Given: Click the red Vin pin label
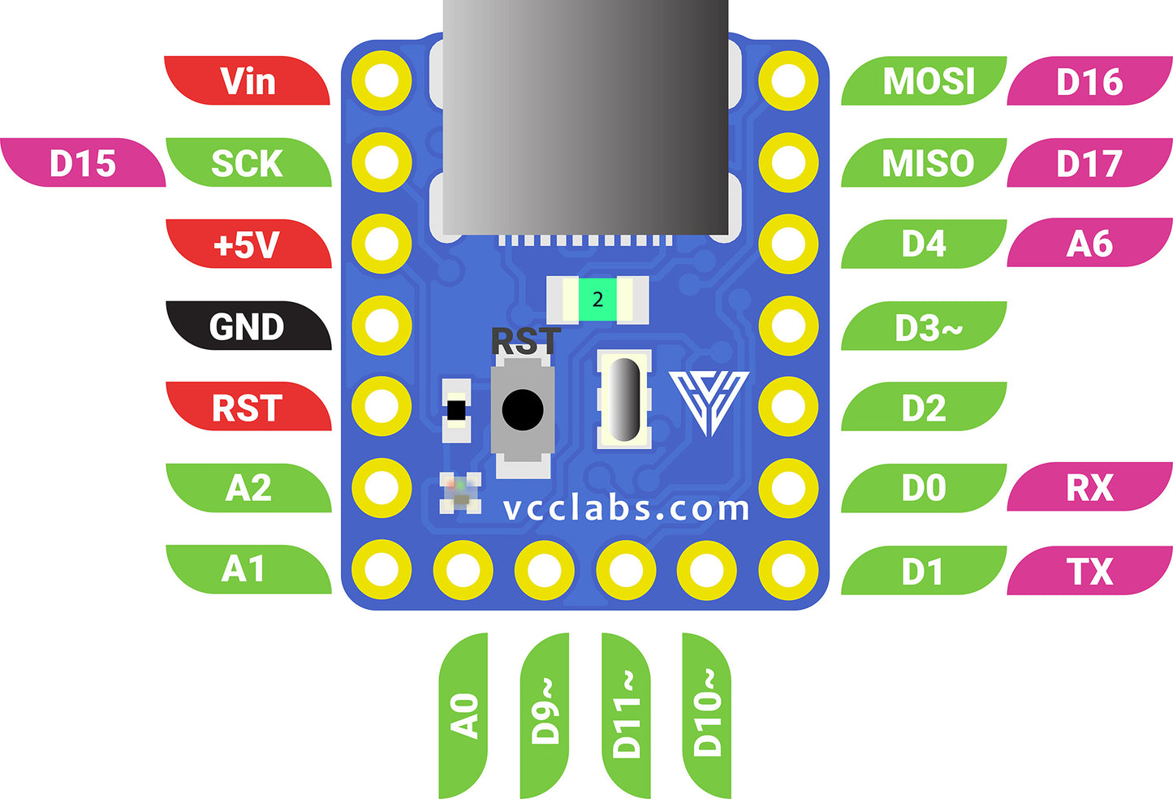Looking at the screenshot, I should point(248,81).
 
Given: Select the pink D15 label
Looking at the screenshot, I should point(83,163).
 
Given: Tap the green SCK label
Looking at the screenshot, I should point(248,163).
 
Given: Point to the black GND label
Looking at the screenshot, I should point(248,326).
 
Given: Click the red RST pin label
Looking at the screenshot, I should point(248,408).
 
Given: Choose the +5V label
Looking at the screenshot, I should point(248,244).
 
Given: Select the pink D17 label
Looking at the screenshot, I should point(1089,163).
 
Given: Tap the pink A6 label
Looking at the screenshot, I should point(1089,244).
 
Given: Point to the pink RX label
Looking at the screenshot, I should point(1089,488).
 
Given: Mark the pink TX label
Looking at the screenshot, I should point(1089,571).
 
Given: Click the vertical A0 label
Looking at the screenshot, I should point(464,715).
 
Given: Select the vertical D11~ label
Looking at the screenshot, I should point(626,715).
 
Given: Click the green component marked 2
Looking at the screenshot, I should point(598,300).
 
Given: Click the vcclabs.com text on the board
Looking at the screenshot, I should point(626,508).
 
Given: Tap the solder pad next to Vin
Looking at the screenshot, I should point(382,80).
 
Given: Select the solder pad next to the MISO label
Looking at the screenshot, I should point(788,162).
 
